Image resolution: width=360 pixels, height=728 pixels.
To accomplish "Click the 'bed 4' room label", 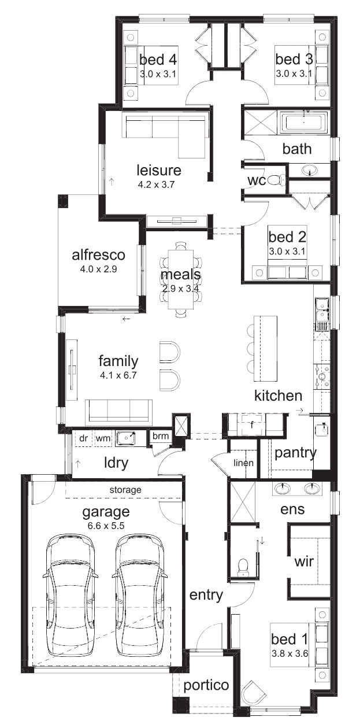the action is tap(158, 60).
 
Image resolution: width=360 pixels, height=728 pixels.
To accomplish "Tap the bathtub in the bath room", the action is tap(305, 123).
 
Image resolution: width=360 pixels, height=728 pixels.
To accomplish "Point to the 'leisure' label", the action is tap(159, 170).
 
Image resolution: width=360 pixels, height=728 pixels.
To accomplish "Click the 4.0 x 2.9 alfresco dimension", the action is tap(98, 269).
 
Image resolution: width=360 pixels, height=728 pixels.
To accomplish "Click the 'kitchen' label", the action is tap(278, 396).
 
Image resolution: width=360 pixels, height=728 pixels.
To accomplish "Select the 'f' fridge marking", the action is tap(251, 424).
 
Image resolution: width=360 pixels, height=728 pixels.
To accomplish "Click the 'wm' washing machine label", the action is tap(103, 438).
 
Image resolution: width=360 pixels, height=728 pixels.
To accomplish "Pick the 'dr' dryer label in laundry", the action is tap(84, 438).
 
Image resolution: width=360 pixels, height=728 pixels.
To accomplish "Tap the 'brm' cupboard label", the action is tap(161, 436).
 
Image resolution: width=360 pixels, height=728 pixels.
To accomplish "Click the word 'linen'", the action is tap(243, 463).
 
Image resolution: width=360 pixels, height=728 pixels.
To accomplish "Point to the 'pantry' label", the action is tap(295, 453).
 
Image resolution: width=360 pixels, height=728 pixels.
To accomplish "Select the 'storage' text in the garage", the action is tap(125, 489).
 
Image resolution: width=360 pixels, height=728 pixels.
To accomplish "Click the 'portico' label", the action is tap(206, 686).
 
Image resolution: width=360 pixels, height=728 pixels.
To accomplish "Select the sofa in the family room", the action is tap(118, 412).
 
